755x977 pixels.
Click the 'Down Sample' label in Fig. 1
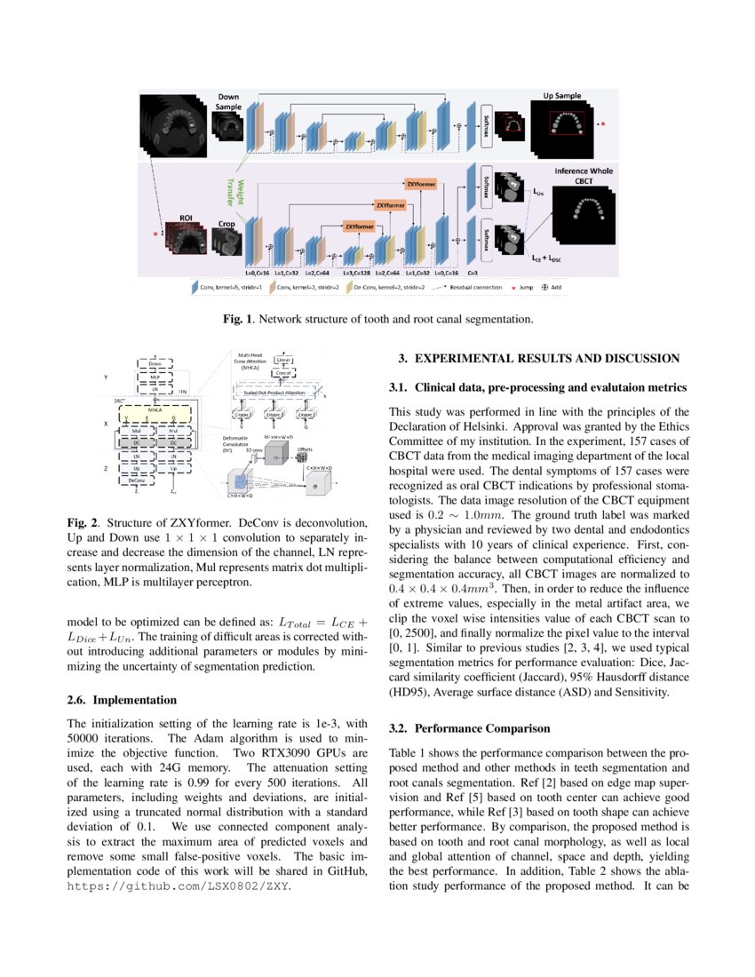point(228,101)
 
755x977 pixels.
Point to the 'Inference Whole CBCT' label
point(583,176)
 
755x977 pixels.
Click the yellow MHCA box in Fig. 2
point(155,411)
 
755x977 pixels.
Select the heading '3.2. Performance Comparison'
point(470,728)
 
